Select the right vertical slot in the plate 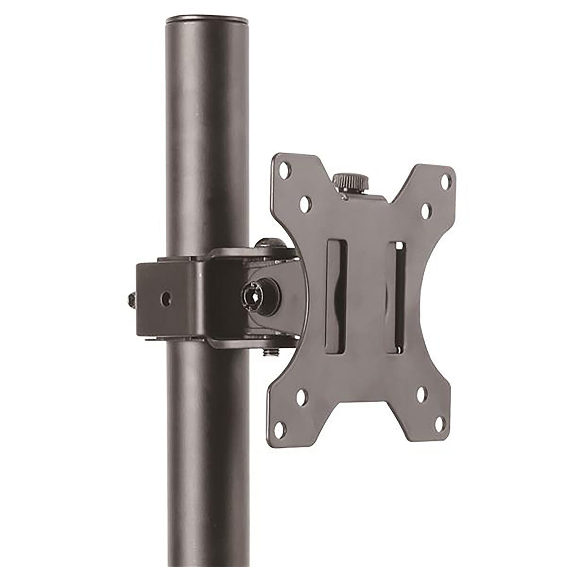[396, 298]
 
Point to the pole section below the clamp [208, 449]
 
